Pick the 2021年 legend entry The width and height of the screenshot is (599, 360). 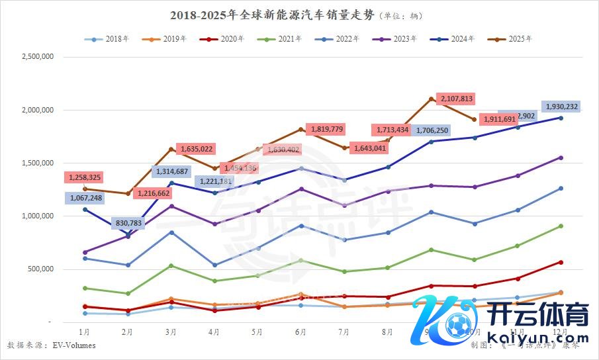coord(284,39)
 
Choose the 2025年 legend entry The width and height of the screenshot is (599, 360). coord(514,39)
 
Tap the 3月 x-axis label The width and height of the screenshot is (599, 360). coord(171,331)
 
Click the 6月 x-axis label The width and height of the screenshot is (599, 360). coord(301,331)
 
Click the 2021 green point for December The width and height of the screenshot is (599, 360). coord(561,226)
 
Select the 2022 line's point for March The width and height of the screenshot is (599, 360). coord(171,232)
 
